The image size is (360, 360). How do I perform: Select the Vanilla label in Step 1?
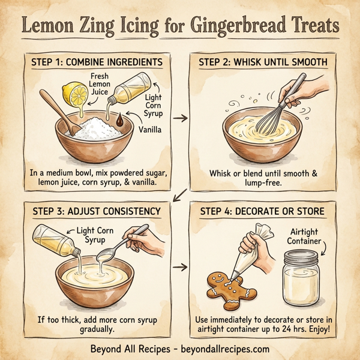(x=149, y=128)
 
